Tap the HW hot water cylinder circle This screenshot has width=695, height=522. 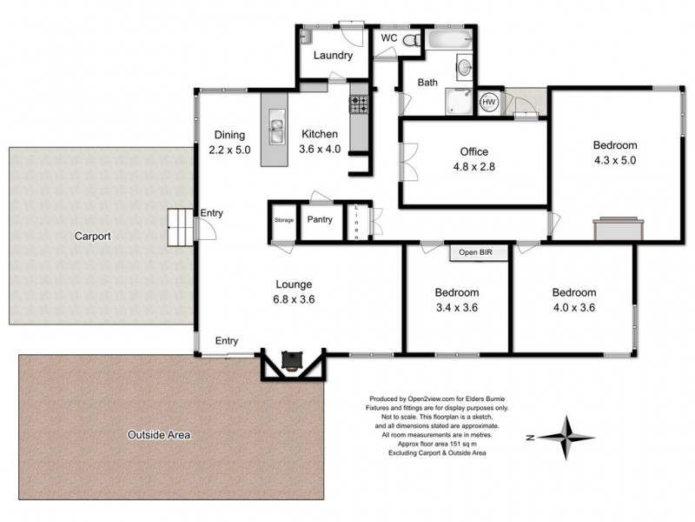489,102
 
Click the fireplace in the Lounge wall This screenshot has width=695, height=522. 293,364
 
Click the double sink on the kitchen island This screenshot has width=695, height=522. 276,130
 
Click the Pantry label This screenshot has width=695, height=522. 320,220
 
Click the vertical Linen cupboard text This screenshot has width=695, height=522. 357,223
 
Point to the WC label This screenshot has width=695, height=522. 387,37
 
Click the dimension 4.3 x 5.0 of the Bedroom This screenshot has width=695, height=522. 614,160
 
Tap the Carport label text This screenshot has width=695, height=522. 93,236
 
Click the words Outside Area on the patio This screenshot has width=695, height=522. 158,434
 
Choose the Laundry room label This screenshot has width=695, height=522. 333,57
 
